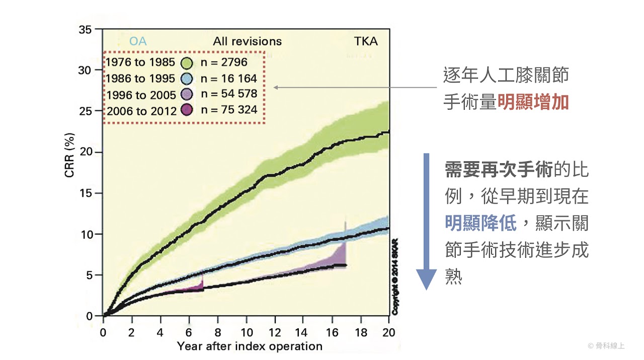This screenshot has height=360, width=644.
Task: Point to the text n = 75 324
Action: [x=228, y=109]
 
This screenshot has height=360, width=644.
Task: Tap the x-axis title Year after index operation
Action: [x=250, y=346]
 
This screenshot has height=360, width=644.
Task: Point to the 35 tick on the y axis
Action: [x=86, y=30]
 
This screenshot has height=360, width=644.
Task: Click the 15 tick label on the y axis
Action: [x=86, y=193]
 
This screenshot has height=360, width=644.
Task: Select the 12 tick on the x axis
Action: [x=275, y=332]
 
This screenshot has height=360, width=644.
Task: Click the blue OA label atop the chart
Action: [x=138, y=41]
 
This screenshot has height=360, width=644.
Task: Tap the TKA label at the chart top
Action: [x=366, y=41]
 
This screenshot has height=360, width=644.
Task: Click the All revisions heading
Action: [x=248, y=41]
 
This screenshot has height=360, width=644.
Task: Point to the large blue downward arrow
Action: [x=427, y=221]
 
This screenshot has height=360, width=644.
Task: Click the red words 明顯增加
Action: [x=533, y=102]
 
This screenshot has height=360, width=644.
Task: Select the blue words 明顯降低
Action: [x=480, y=223]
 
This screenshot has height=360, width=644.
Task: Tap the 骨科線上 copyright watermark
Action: [x=606, y=346]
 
